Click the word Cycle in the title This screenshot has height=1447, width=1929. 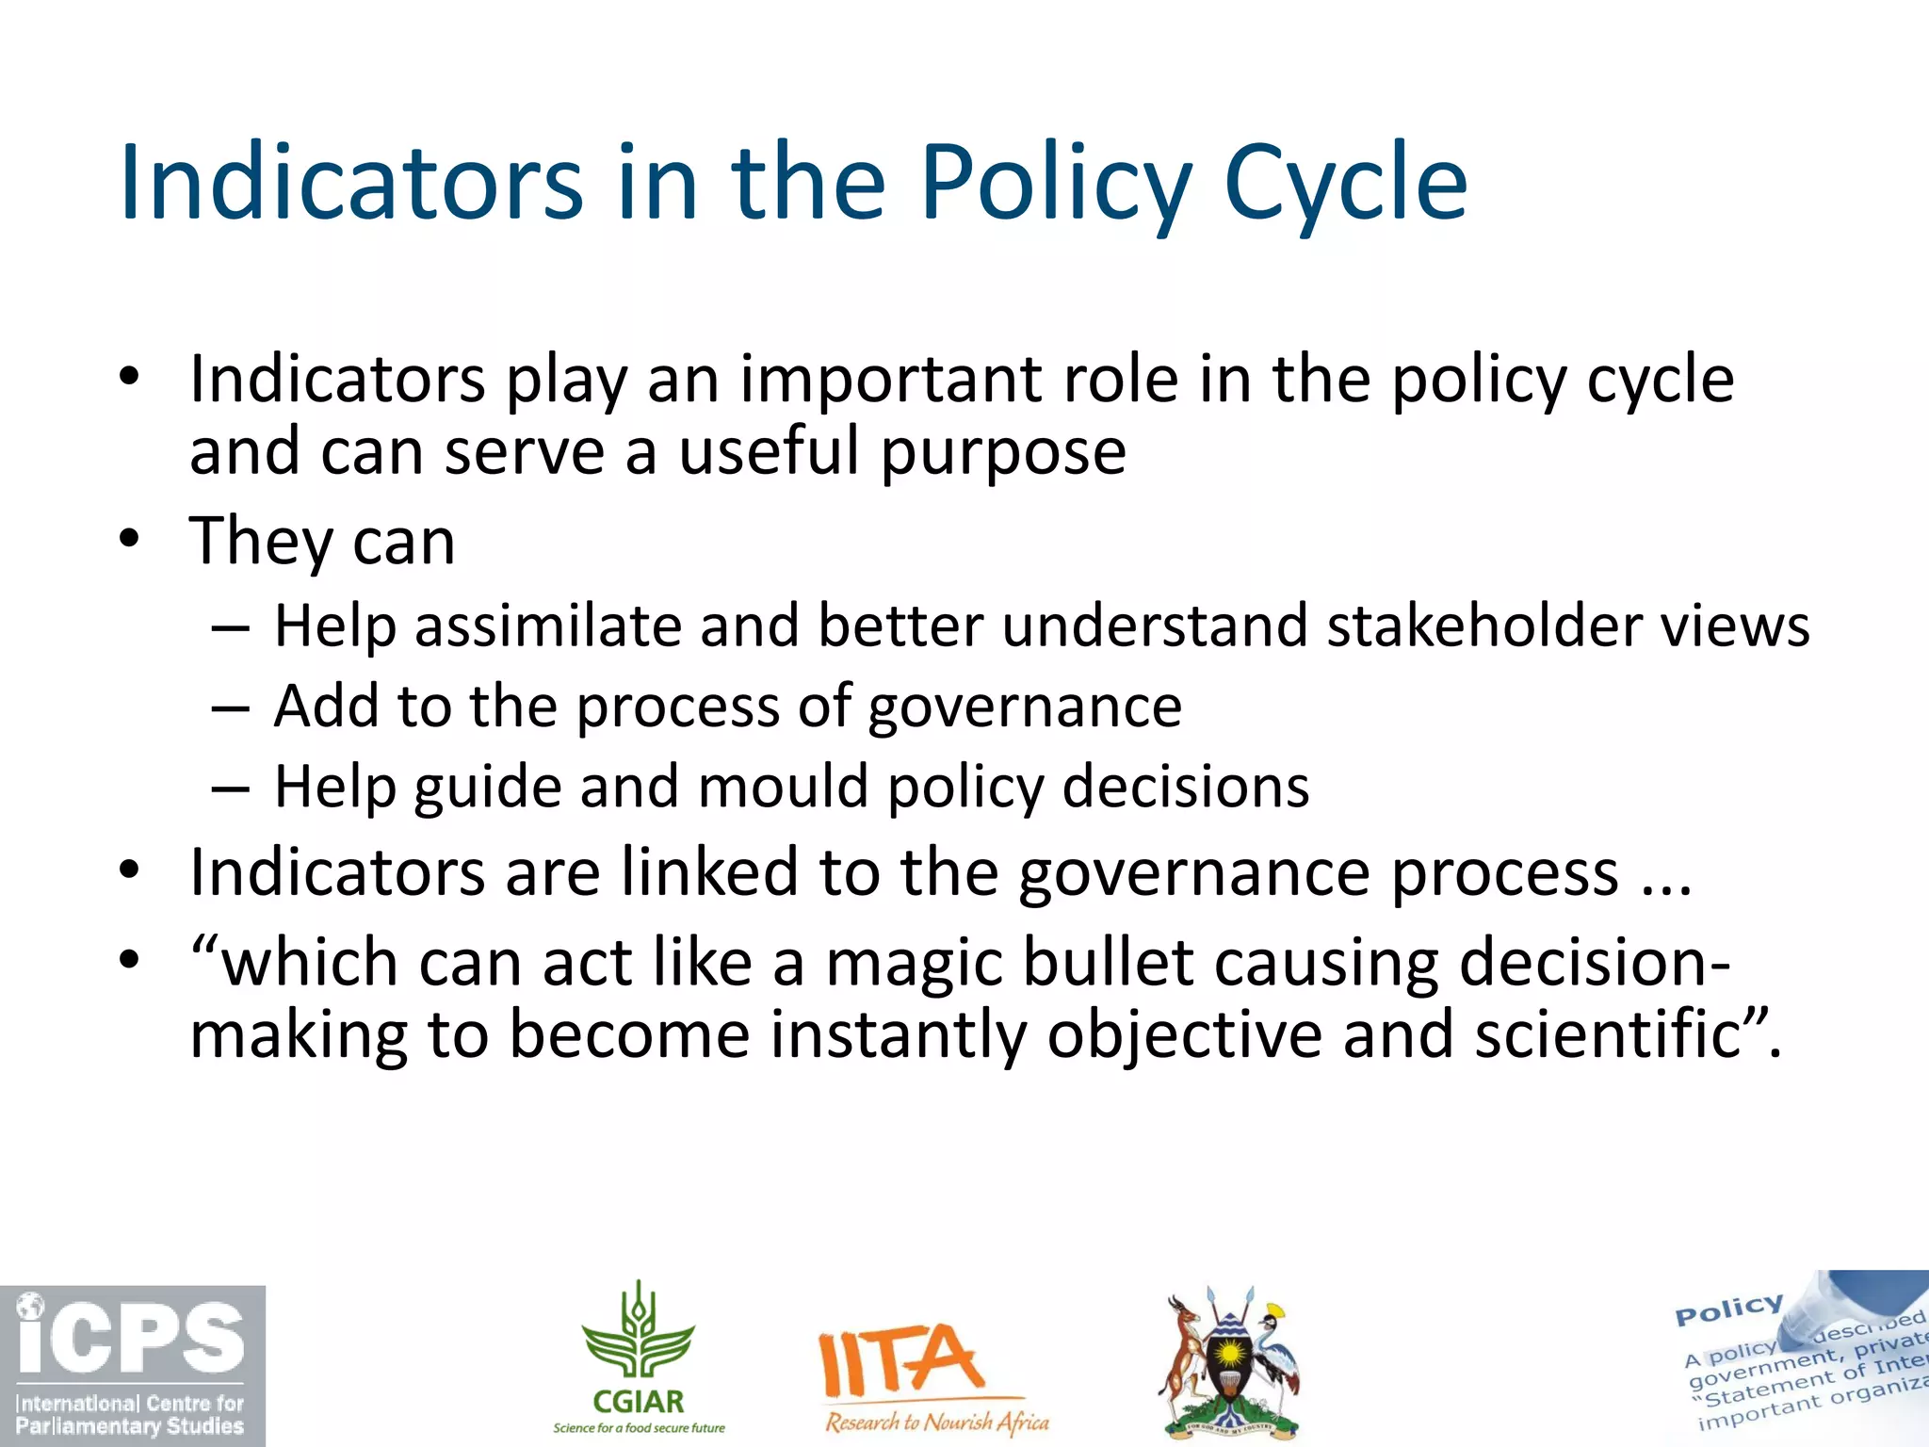click(x=1345, y=184)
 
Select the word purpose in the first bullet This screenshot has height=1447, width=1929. click(x=1003, y=453)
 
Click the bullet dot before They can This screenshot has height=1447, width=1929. click(x=129, y=540)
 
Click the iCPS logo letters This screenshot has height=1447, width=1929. click(x=132, y=1339)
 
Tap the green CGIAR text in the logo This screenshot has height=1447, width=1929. click(x=639, y=1402)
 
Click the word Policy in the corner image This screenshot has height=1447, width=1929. click(x=1728, y=1309)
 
